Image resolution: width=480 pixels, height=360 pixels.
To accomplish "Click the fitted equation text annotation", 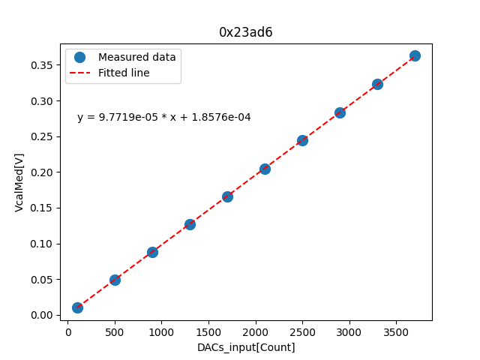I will tap(164, 118).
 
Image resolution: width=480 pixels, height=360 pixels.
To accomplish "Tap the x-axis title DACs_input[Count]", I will tap(246, 347).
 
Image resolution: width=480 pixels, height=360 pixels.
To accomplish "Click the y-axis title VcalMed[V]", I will tap(19, 182).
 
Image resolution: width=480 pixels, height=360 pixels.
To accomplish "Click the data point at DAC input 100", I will tap(77, 307).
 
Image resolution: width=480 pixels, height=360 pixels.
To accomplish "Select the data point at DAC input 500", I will tap(115, 280).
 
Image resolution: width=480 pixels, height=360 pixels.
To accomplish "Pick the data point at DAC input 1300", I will tap(190, 224).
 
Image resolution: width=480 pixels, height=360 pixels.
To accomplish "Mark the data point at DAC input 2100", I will tap(265, 169).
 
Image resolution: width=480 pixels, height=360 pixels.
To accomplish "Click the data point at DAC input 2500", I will tap(302, 140).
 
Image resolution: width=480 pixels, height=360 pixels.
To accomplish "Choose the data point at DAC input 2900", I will tap(340, 112).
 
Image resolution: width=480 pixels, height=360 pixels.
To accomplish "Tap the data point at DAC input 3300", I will tap(377, 84).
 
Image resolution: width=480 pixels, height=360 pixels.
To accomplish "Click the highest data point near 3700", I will tap(415, 55).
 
